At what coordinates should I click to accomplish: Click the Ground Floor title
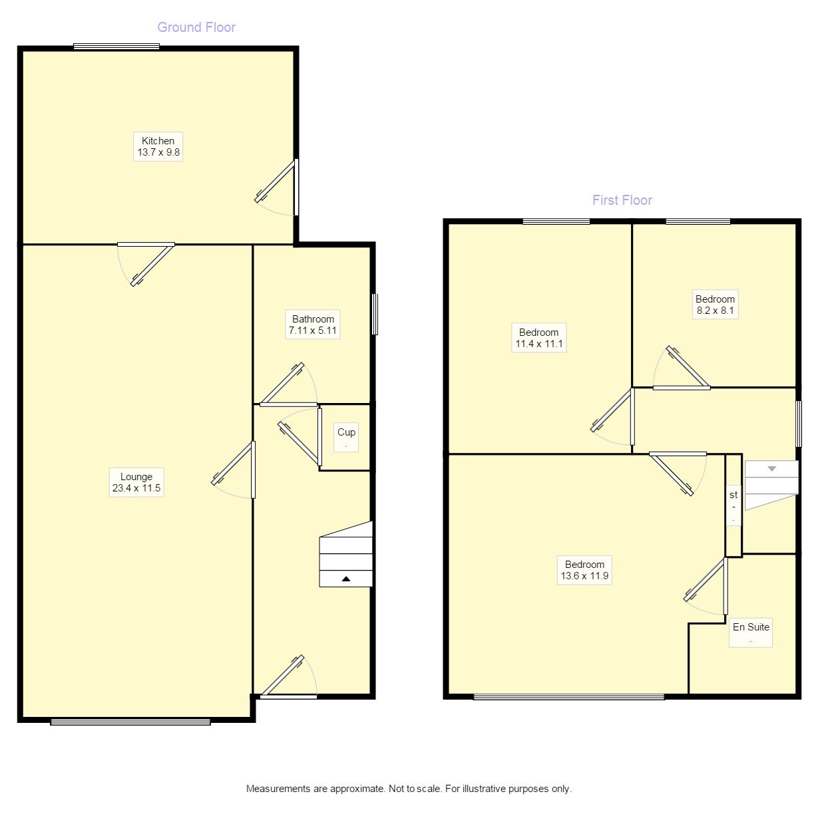point(196,27)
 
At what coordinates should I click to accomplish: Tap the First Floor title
point(622,200)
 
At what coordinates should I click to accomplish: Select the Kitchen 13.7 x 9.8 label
point(158,146)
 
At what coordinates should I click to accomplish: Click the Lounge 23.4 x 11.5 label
point(136,482)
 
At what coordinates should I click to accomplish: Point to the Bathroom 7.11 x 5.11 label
point(313,325)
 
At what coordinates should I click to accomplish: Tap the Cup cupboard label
point(346,437)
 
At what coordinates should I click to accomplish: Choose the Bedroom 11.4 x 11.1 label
point(538,338)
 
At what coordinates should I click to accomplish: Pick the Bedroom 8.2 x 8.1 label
point(715,305)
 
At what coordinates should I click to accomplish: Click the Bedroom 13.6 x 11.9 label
point(584,570)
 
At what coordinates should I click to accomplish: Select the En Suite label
point(751,632)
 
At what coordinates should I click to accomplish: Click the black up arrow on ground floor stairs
point(346,579)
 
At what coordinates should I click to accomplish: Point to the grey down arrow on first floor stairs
point(771,469)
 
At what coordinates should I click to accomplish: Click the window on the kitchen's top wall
point(116,47)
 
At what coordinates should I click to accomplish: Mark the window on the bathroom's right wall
point(375,314)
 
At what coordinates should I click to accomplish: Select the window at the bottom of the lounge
point(130,722)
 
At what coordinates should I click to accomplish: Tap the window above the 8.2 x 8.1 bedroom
point(698,221)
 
